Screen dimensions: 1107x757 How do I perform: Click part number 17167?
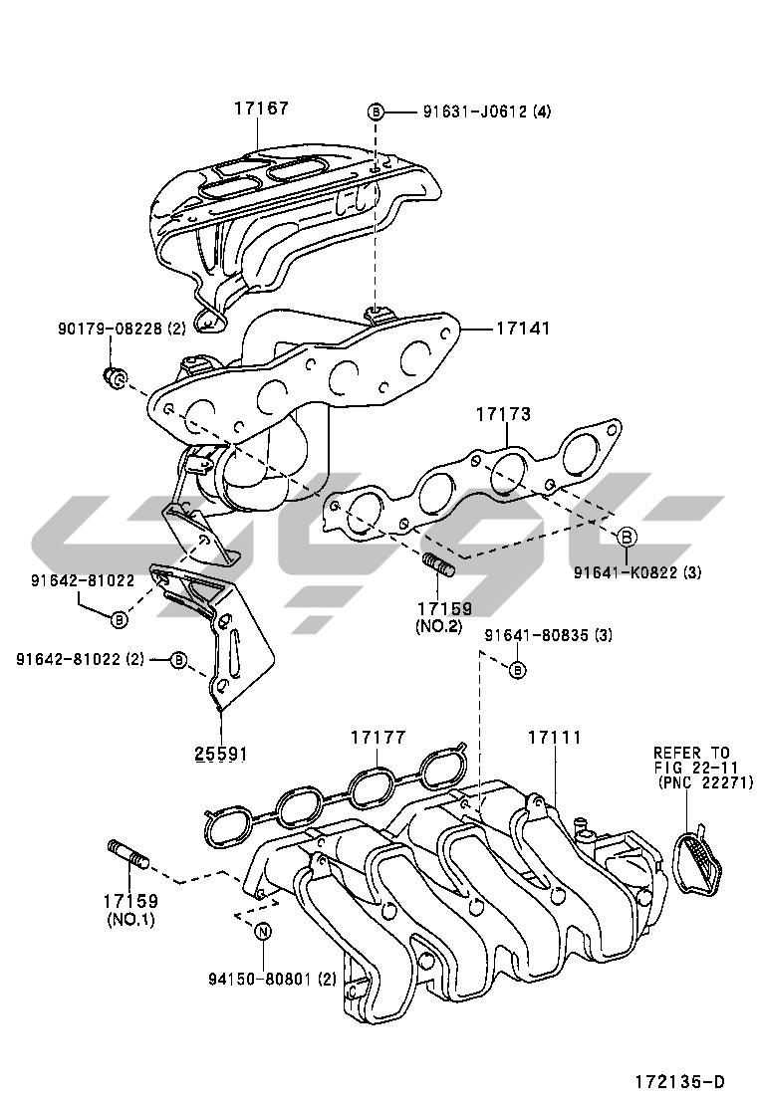[262, 108]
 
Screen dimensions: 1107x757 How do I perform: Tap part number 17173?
[503, 414]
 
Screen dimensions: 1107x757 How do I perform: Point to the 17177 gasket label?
[378, 738]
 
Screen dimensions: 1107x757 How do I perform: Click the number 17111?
[554, 738]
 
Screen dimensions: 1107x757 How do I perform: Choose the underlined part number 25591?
[220, 754]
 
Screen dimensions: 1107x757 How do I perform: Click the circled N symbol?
[263, 932]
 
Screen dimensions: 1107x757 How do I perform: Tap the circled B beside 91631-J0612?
[376, 111]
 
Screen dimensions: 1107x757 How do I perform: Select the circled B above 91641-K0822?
[628, 538]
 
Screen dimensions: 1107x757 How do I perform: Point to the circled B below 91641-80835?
[517, 670]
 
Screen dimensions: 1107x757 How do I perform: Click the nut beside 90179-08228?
[115, 376]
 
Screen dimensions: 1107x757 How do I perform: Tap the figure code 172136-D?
[680, 1082]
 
